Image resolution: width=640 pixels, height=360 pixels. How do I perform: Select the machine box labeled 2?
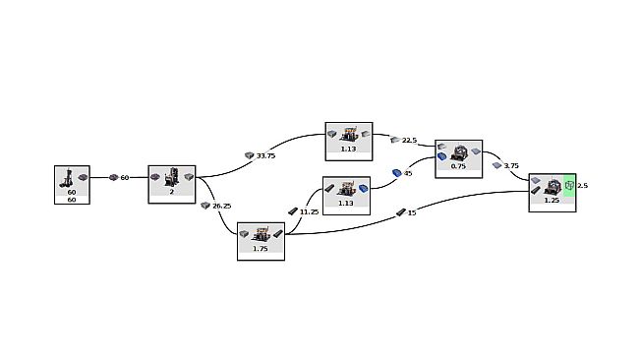click(x=172, y=184)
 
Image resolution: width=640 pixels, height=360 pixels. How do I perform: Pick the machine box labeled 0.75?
click(x=458, y=158)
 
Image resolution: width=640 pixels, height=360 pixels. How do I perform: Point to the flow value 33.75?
click(x=265, y=155)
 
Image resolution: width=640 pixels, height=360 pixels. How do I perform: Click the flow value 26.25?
click(x=221, y=206)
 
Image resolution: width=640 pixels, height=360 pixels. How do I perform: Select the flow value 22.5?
click(x=410, y=141)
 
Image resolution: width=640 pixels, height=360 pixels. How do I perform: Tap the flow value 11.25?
click(x=309, y=211)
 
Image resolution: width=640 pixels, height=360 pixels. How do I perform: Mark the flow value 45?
click(x=408, y=173)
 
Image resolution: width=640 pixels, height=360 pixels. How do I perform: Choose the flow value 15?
click(x=411, y=211)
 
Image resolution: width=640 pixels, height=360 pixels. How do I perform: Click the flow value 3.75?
click(x=511, y=165)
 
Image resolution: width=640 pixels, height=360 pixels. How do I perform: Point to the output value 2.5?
click(x=582, y=185)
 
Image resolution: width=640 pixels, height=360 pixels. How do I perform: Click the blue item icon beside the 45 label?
click(x=396, y=173)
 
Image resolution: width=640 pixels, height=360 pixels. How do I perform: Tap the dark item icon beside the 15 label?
click(x=400, y=211)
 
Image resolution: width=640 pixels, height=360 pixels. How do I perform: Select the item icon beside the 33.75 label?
click(x=250, y=155)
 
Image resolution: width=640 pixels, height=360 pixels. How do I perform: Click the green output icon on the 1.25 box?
click(x=568, y=184)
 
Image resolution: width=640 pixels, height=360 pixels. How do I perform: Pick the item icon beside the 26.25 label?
click(x=205, y=206)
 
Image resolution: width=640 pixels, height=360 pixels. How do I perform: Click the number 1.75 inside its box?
click(x=261, y=249)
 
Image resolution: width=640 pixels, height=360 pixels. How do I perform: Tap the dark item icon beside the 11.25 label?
click(x=293, y=211)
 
